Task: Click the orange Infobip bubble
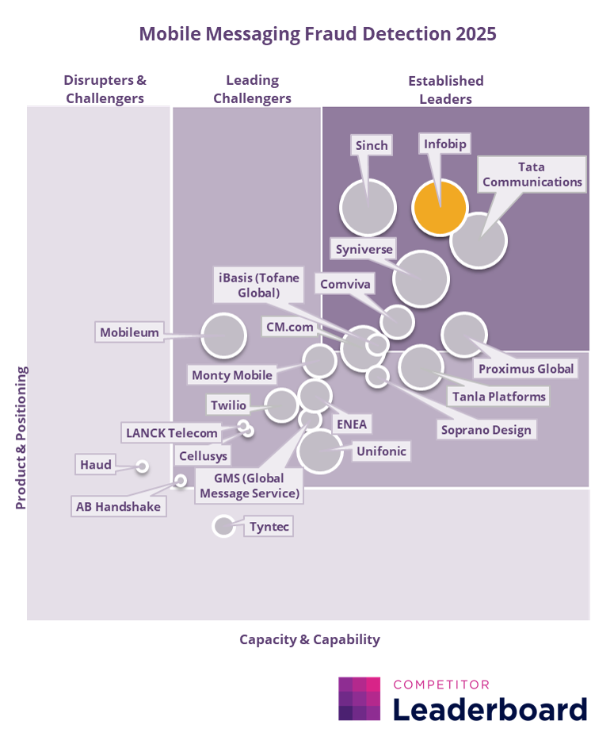(440, 207)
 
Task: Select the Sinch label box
(371, 145)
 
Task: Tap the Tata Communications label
(532, 174)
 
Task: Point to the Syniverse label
(364, 249)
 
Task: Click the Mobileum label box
(129, 332)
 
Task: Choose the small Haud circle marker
(143, 466)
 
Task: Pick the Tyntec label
(268, 526)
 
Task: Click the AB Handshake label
(118, 506)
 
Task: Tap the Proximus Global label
(526, 369)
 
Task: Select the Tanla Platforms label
(498, 396)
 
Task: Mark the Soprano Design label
(487, 430)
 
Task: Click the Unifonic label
(381, 451)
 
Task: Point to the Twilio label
(228, 405)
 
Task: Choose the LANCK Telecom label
(171, 433)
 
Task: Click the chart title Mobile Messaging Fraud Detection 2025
(307, 34)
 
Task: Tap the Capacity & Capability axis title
(310, 639)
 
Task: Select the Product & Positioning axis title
(21, 437)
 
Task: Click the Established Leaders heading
(445, 90)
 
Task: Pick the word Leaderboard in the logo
(490, 708)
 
